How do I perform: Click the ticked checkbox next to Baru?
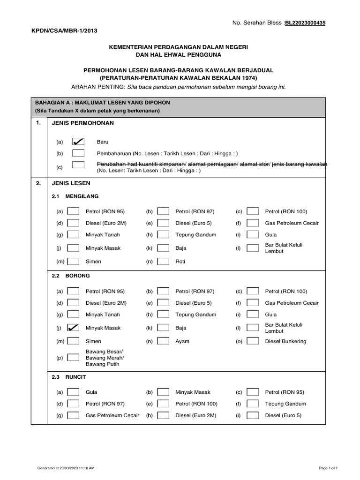pyautogui.click(x=78, y=141)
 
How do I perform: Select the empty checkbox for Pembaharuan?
pyautogui.click(x=78, y=153)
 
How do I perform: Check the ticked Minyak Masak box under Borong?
pyautogui.click(x=73, y=328)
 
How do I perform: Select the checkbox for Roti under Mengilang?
pyautogui.click(x=163, y=261)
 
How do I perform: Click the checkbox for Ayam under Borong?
pyautogui.click(x=163, y=341)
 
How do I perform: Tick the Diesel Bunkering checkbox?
pyautogui.click(x=253, y=341)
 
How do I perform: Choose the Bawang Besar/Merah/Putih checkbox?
pyautogui.click(x=73, y=357)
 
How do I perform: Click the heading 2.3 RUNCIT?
pyautogui.click(x=69, y=376)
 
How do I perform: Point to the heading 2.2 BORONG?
pyautogui.click(x=70, y=276)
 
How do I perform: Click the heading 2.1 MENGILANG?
pyautogui.click(x=75, y=196)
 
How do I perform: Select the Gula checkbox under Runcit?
pyautogui.click(x=73, y=392)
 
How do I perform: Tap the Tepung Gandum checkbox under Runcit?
pyautogui.click(x=253, y=404)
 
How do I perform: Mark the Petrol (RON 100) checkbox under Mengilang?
pyautogui.click(x=253, y=211)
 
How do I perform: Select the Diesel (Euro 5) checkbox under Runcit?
pyautogui.click(x=253, y=415)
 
